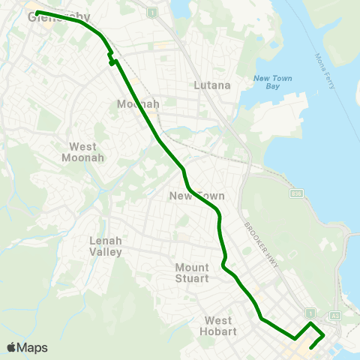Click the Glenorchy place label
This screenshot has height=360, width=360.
pos(58,16)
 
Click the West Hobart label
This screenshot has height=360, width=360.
pos(218,325)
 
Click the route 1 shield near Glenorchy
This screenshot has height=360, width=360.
pos(152,13)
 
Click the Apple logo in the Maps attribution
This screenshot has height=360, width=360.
pos(11,347)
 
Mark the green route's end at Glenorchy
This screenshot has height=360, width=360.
pos(37,13)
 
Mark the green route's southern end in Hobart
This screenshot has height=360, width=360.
pos(311,348)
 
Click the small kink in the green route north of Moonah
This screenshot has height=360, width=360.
pos(111,59)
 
